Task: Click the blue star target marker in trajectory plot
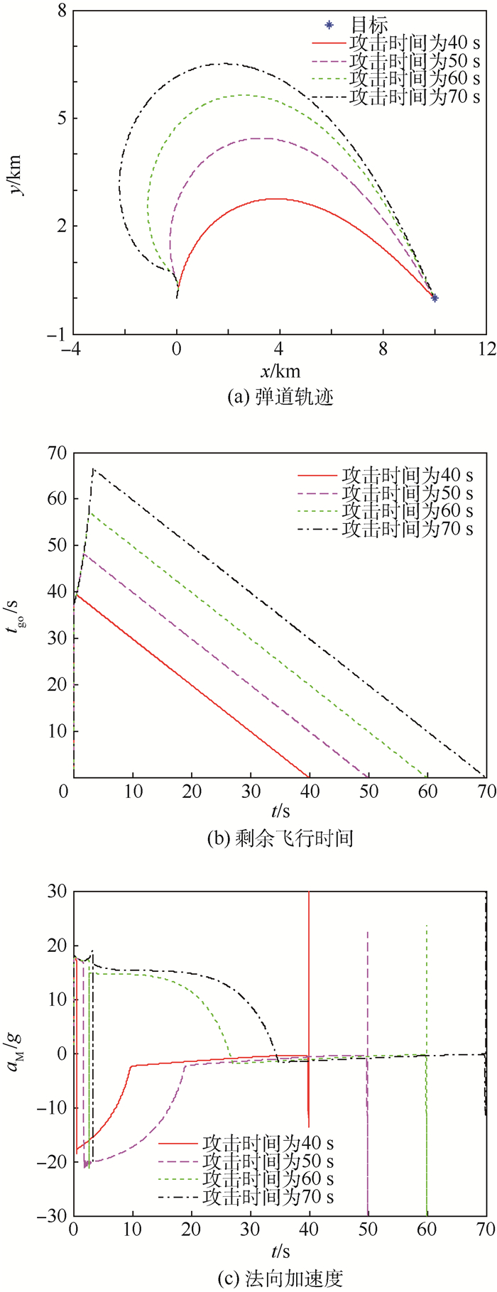point(435,298)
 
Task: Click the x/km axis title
point(280,371)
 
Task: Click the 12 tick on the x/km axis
point(486,349)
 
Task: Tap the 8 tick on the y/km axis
point(62,11)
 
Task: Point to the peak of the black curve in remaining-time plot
point(94,469)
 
